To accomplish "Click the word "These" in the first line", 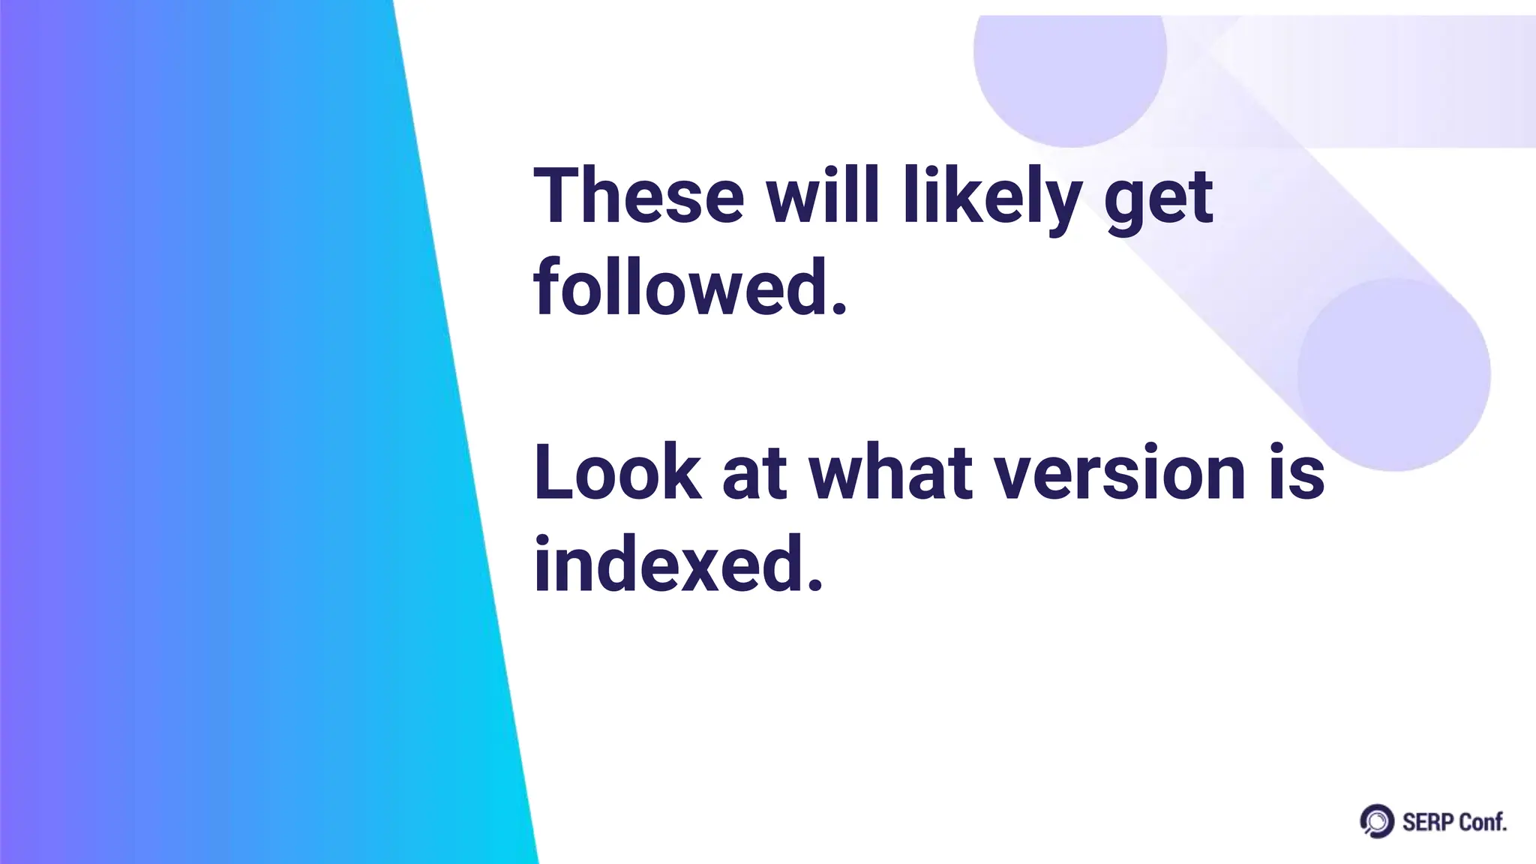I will click(x=638, y=196).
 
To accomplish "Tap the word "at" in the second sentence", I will click(x=754, y=475).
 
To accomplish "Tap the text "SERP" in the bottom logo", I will click(x=1427, y=823).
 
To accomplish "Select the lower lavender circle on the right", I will click(x=1393, y=375).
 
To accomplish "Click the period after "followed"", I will click(x=839, y=309).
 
